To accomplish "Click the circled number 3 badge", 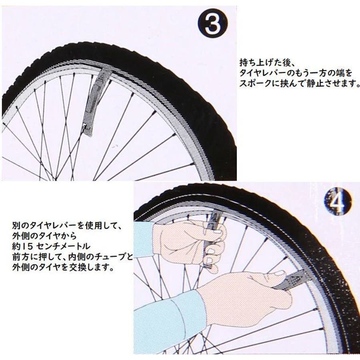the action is pos(213,24).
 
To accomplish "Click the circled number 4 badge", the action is pos(338,201).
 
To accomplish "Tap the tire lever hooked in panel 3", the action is pos(92,102).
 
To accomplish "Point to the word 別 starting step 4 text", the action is pos(16,226).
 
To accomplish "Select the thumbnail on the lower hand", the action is pos(280,273).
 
